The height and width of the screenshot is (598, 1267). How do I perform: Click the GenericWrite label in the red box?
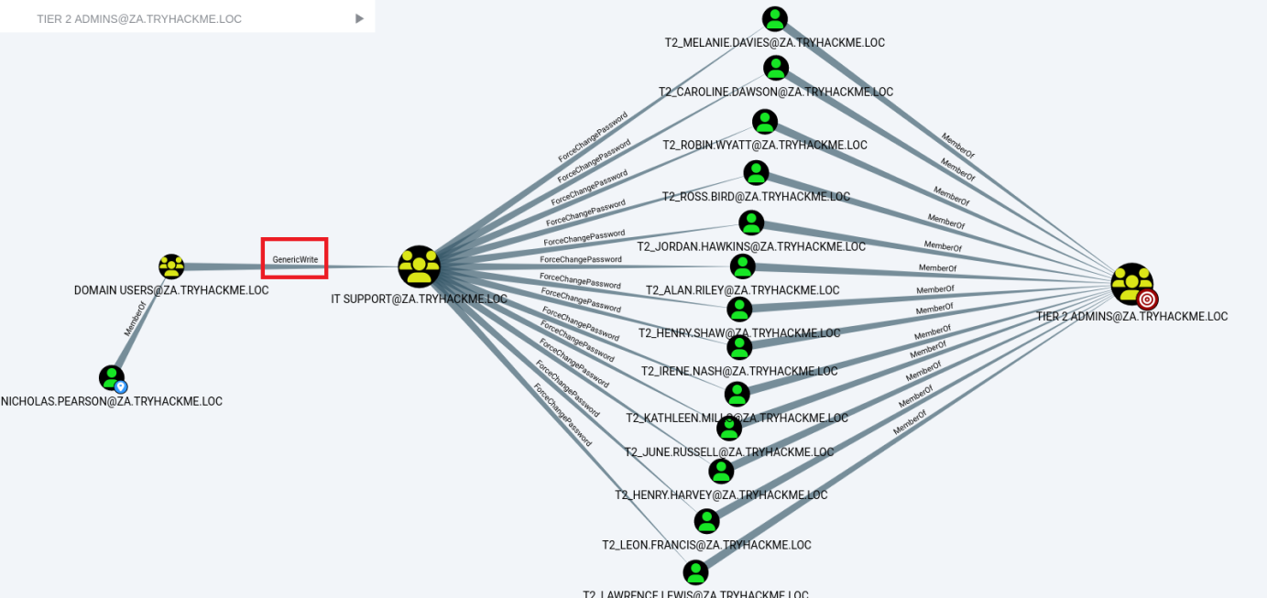pyautogui.click(x=295, y=260)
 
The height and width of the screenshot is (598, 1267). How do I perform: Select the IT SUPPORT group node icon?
pyautogui.click(x=419, y=266)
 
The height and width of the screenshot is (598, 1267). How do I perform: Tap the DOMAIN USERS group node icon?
pyautogui.click(x=171, y=266)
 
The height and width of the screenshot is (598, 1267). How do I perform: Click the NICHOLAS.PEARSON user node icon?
pyautogui.click(x=112, y=376)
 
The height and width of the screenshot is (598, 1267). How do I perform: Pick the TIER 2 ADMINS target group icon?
pyautogui.click(x=1131, y=284)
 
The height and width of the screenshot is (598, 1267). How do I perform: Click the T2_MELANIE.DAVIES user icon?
pyautogui.click(x=775, y=19)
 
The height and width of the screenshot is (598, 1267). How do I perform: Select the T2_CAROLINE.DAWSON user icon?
pyautogui.click(x=776, y=68)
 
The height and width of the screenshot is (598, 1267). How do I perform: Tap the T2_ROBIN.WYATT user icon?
pyautogui.click(x=765, y=122)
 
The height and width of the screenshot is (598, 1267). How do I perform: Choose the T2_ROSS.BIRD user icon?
pyautogui.click(x=756, y=172)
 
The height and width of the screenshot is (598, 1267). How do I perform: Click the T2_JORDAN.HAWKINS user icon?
pyautogui.click(x=751, y=223)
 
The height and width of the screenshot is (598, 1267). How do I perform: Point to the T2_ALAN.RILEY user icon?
pyautogui.click(x=743, y=266)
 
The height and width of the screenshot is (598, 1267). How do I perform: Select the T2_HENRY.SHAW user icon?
pyautogui.click(x=739, y=309)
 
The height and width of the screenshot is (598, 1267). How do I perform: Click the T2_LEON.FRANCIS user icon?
pyautogui.click(x=706, y=521)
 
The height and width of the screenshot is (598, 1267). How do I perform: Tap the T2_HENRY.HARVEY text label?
pyautogui.click(x=721, y=495)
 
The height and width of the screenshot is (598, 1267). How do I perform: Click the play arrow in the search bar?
pyautogui.click(x=359, y=18)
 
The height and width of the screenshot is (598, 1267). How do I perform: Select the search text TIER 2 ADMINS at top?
pyautogui.click(x=139, y=19)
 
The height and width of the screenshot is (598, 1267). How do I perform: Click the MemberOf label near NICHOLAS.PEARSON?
pyautogui.click(x=134, y=321)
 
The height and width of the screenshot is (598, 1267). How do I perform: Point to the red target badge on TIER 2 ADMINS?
pyautogui.click(x=1148, y=299)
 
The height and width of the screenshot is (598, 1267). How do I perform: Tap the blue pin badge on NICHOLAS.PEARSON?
pyautogui.click(x=121, y=386)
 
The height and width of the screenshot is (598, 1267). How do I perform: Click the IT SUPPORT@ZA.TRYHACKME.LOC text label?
pyautogui.click(x=419, y=299)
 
